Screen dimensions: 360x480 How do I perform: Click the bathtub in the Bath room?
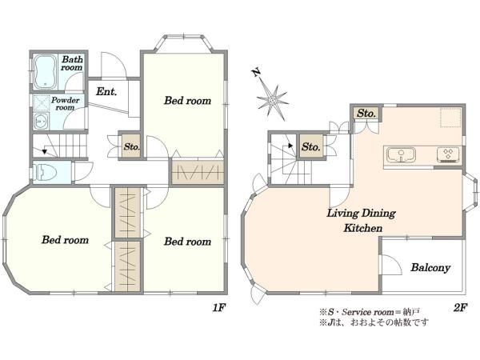point(46,73)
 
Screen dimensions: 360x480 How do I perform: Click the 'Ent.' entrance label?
point(106,92)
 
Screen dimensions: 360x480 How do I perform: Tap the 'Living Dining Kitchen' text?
point(360,221)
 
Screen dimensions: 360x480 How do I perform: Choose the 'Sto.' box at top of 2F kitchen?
point(367,113)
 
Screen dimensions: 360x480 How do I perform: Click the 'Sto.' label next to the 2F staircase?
point(311,147)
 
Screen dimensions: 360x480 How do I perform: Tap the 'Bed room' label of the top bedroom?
point(188,101)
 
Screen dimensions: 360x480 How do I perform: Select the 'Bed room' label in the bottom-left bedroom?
point(65,240)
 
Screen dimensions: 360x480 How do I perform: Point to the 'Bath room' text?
point(73,63)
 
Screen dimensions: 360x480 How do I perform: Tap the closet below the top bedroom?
point(196,172)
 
